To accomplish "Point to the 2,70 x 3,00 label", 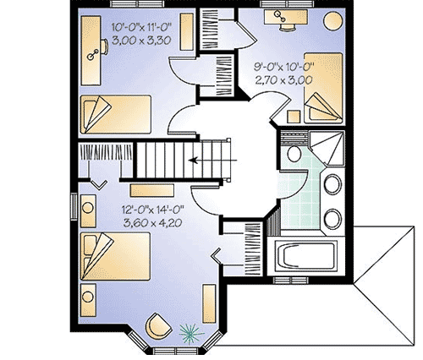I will pos(284,80).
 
